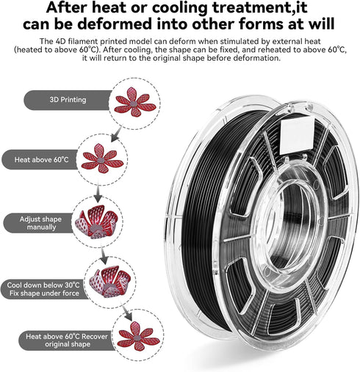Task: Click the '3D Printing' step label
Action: point(68,100)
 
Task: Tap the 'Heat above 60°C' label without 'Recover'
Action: point(41,160)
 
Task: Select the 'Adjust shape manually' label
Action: point(40,223)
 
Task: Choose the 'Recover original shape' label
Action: point(67,340)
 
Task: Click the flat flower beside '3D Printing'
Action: point(135,102)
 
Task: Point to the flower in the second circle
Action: point(102,158)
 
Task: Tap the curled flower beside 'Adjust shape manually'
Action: point(96,222)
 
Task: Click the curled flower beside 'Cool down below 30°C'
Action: point(109,281)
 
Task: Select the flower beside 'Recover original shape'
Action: point(138,336)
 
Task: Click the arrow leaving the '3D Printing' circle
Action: point(116,134)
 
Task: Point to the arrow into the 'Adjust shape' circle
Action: point(98,193)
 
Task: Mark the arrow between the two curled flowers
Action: point(104,255)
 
